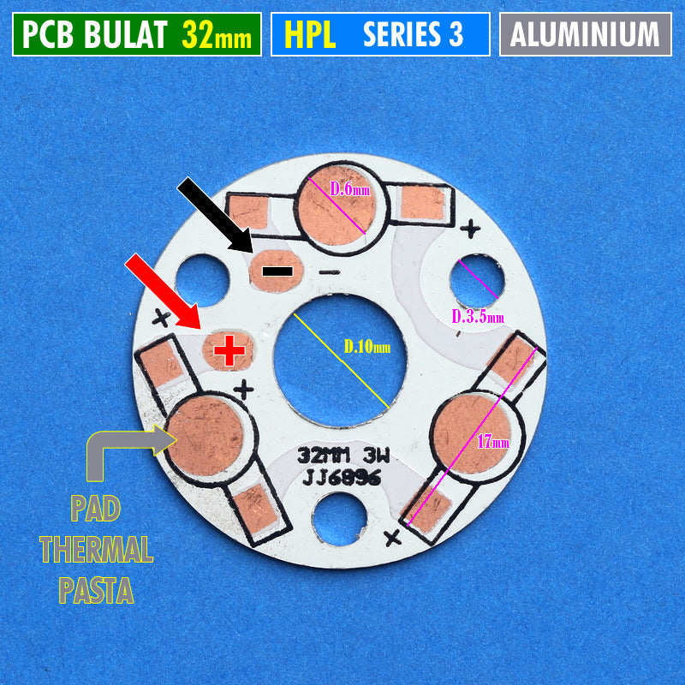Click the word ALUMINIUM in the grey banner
pyautogui.click(x=585, y=34)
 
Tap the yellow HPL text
pyautogui.click(x=310, y=34)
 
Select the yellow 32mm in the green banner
pyautogui.click(x=217, y=34)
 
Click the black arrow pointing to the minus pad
pyautogui.click(x=215, y=215)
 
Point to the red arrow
pyautogui.click(x=163, y=291)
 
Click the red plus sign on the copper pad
pyautogui.click(x=229, y=350)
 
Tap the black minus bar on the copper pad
pyautogui.click(x=277, y=271)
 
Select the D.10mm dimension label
pyautogui.click(x=367, y=347)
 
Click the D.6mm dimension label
pyautogui.click(x=350, y=189)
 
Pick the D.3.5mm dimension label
pyautogui.click(x=478, y=316)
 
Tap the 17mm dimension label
pyautogui.click(x=493, y=442)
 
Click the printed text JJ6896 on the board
pyautogui.click(x=342, y=479)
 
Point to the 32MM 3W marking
pyautogui.click(x=343, y=456)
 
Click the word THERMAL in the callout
pyautogui.click(x=97, y=549)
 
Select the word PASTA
pyautogui.click(x=96, y=590)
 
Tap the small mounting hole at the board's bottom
pyautogui.click(x=339, y=520)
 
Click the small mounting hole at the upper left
pyautogui.click(x=202, y=281)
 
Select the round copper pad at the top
pyautogui.click(x=337, y=205)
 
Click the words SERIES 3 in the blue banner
pyautogui.click(x=413, y=34)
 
